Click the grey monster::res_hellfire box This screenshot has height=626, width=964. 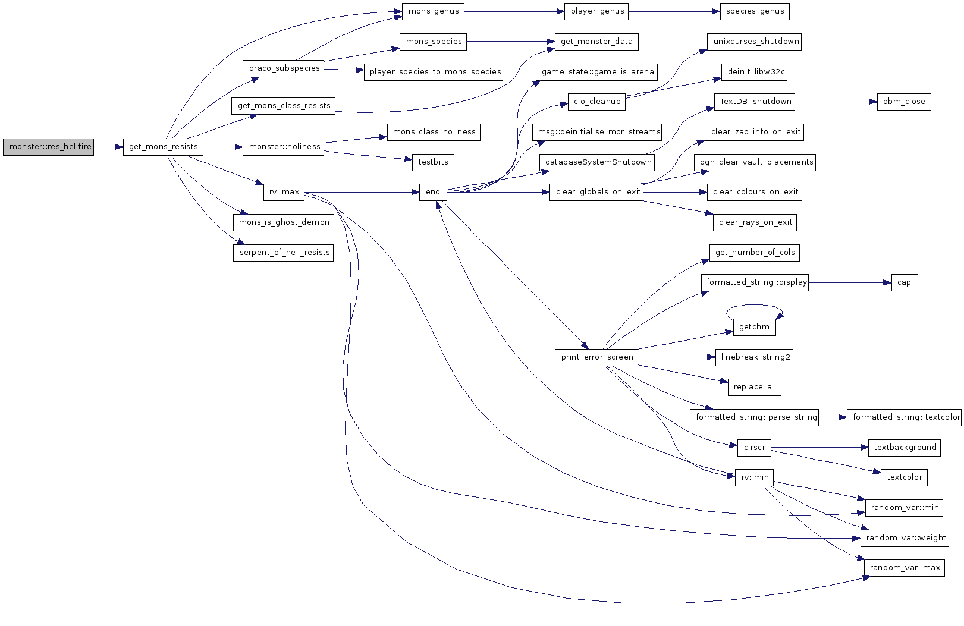click(48, 147)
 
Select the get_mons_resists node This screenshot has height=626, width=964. click(163, 147)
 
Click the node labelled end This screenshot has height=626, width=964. click(433, 192)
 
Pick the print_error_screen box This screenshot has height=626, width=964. click(596, 357)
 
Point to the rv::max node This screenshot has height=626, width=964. click(284, 192)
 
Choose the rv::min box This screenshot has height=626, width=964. click(755, 477)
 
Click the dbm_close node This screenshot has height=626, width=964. click(904, 102)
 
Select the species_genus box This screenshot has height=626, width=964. click(755, 12)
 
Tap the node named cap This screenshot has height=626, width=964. click(904, 282)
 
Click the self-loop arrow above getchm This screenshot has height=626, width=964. click(755, 306)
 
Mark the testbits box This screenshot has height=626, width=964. click(433, 163)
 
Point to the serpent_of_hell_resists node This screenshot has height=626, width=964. click(284, 253)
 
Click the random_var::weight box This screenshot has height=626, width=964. click(905, 538)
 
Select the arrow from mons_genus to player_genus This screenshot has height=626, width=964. click(514, 12)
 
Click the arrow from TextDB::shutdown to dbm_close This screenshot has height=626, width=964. click(836, 102)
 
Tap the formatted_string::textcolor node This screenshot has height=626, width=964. click(904, 418)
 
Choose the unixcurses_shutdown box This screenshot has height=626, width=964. click(754, 42)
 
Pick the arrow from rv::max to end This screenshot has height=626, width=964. click(362, 192)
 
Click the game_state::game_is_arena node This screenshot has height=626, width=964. click(596, 72)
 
